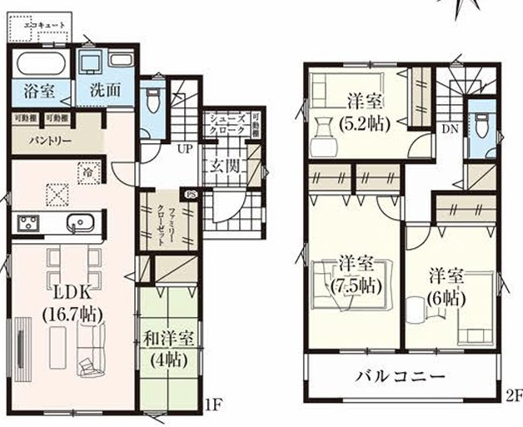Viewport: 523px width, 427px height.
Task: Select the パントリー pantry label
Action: point(33,140)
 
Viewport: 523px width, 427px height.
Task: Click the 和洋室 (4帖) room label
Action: point(168,349)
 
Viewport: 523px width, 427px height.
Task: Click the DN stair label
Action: point(450,128)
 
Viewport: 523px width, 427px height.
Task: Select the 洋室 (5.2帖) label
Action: point(364,112)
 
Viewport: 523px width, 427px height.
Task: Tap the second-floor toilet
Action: point(479,125)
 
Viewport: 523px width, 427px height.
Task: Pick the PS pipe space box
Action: point(192,194)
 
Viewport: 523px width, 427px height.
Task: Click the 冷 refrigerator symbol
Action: point(87,171)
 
